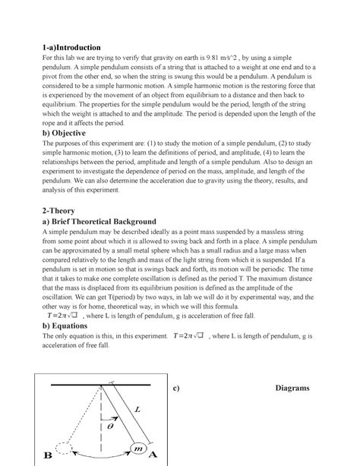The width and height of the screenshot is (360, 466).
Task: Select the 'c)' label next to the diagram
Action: coord(175,388)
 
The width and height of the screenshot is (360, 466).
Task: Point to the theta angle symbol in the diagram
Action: coord(110,427)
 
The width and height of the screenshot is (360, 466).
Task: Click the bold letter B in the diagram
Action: coord(48,457)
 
